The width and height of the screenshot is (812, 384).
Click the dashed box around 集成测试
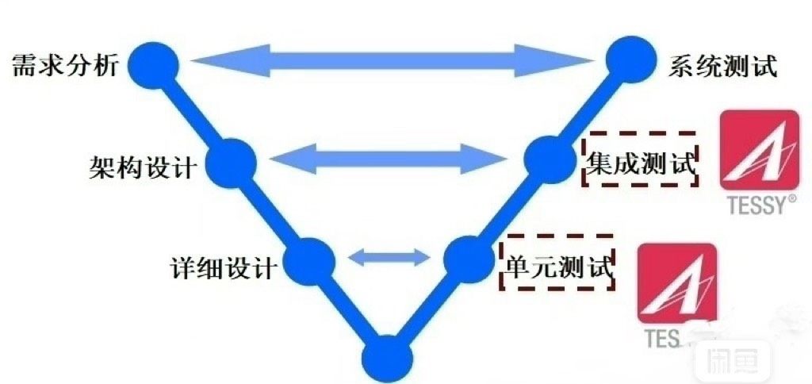click(x=641, y=159)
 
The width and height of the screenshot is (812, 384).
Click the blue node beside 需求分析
click(x=154, y=63)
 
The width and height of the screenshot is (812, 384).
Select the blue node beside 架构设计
click(x=231, y=162)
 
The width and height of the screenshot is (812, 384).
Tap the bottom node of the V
click(x=386, y=358)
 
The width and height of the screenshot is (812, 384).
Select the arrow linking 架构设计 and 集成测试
click(x=389, y=161)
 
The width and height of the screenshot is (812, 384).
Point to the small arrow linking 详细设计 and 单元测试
click(x=389, y=257)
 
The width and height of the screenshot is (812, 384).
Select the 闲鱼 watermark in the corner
click(x=732, y=361)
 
